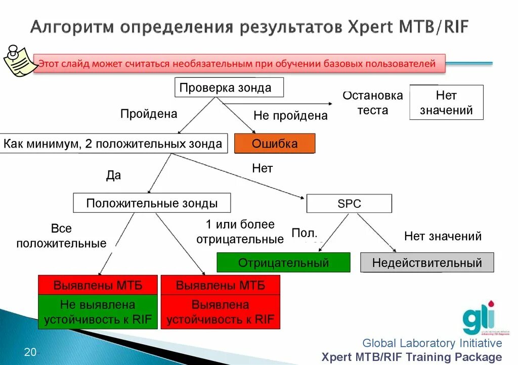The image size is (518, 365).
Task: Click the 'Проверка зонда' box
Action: tap(229, 87)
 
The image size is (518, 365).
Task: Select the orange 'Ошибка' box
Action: tap(275, 144)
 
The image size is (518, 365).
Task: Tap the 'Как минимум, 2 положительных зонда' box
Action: tap(113, 144)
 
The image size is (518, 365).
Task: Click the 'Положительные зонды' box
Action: tap(152, 203)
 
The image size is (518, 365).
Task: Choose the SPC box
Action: tap(349, 204)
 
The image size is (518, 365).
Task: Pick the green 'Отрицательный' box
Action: tap(283, 263)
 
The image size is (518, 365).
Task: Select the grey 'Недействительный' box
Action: tap(427, 263)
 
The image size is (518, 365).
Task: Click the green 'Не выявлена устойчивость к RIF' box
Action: tap(98, 312)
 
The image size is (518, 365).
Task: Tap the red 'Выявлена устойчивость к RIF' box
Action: tap(220, 312)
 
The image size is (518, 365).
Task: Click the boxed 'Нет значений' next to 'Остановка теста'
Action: tap(446, 103)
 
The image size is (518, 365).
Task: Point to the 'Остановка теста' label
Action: tap(373, 103)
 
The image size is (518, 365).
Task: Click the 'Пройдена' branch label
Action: tap(149, 114)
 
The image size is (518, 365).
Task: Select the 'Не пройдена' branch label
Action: tap(290, 116)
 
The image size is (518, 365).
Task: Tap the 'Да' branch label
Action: tap(113, 175)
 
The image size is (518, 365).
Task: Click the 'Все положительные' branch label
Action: tap(61, 236)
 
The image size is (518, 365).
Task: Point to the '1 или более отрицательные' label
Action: tap(240, 232)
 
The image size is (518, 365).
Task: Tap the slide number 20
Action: tap(30, 352)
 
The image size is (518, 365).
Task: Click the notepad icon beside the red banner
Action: tap(19, 61)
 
